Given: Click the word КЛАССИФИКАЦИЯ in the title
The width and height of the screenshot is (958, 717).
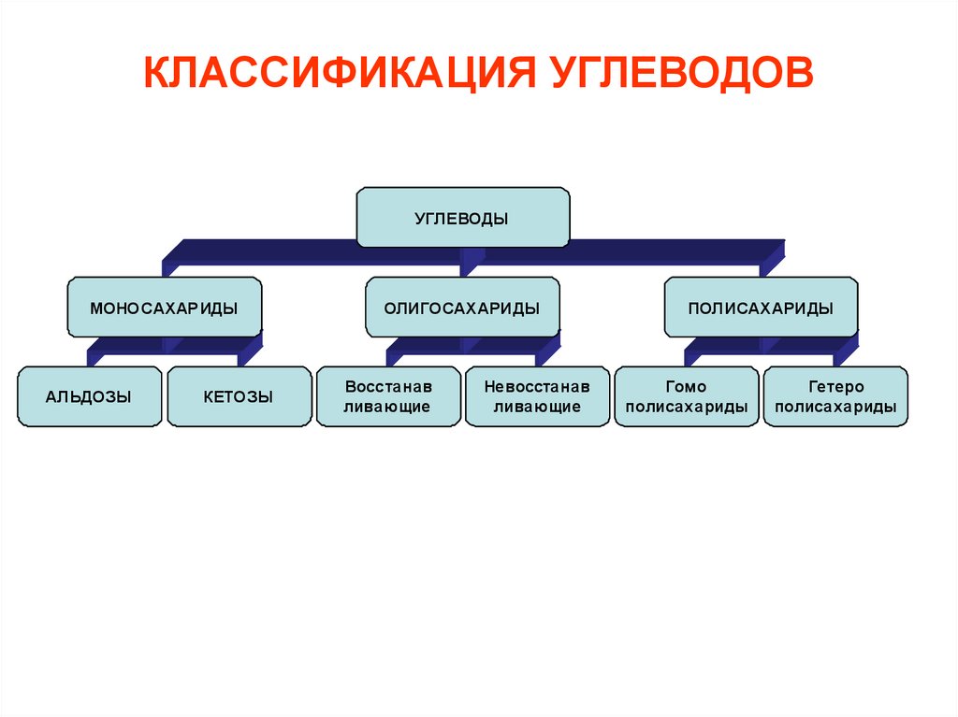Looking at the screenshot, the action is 340,73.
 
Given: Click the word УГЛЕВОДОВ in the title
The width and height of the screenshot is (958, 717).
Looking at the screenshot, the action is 682,73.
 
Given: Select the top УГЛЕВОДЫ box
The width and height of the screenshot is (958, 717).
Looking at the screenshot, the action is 463,218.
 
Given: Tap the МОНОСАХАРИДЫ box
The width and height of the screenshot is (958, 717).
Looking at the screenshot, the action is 165,308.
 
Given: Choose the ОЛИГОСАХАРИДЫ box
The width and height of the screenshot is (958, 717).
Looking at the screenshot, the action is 462,308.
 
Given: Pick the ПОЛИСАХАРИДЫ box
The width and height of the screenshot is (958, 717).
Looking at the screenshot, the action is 762,308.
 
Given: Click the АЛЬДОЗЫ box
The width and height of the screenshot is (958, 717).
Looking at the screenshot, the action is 89,396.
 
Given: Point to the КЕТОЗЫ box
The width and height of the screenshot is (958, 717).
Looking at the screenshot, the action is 239,396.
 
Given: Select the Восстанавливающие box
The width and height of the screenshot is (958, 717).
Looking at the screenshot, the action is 388,396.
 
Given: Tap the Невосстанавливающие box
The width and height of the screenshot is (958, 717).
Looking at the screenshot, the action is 538,396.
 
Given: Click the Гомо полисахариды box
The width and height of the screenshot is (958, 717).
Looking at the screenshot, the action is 687,396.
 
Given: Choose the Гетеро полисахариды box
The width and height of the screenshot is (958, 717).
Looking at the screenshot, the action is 835,396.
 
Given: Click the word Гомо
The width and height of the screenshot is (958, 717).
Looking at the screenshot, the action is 686,387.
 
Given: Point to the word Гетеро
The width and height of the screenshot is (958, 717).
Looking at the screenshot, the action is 835,387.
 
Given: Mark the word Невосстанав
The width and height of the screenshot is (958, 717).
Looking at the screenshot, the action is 537,387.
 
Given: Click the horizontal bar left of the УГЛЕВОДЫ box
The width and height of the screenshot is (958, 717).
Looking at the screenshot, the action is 264,251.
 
